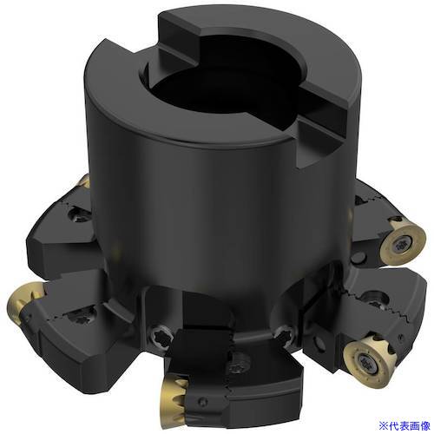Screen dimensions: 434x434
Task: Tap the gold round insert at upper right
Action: [403, 242]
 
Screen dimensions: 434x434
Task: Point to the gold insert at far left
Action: [24, 303]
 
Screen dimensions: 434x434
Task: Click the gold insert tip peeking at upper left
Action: [84, 181]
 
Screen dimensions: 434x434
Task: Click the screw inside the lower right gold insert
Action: [365, 362]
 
